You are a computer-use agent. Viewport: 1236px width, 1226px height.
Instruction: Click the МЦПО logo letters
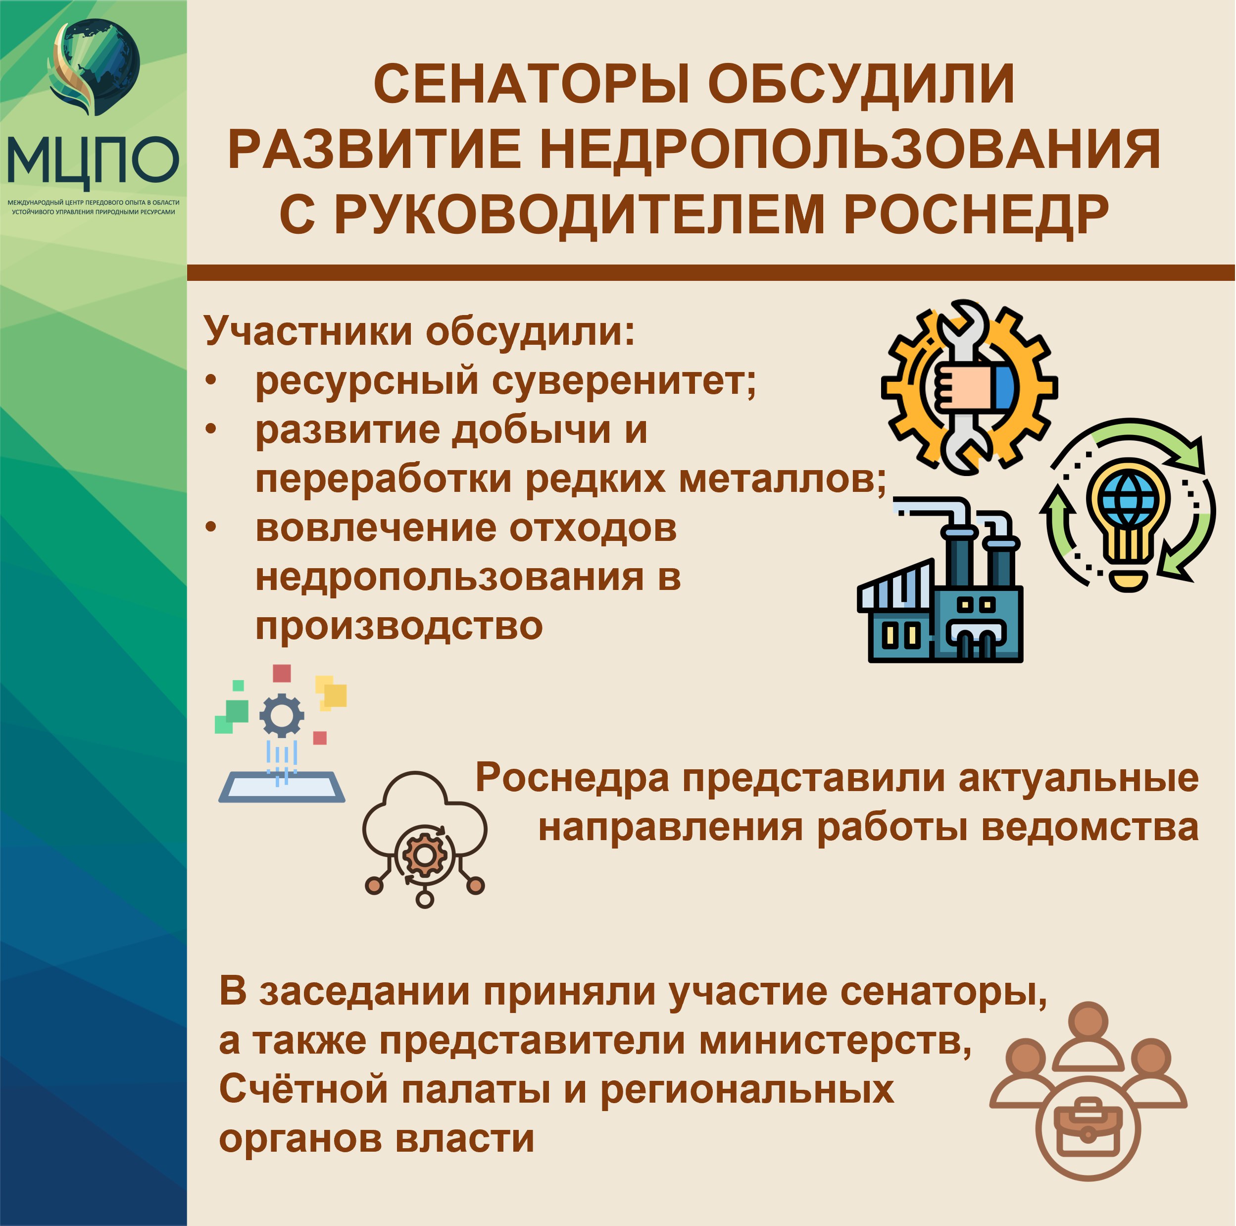pos(92,160)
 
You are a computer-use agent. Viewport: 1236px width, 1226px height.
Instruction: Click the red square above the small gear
pos(282,674)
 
